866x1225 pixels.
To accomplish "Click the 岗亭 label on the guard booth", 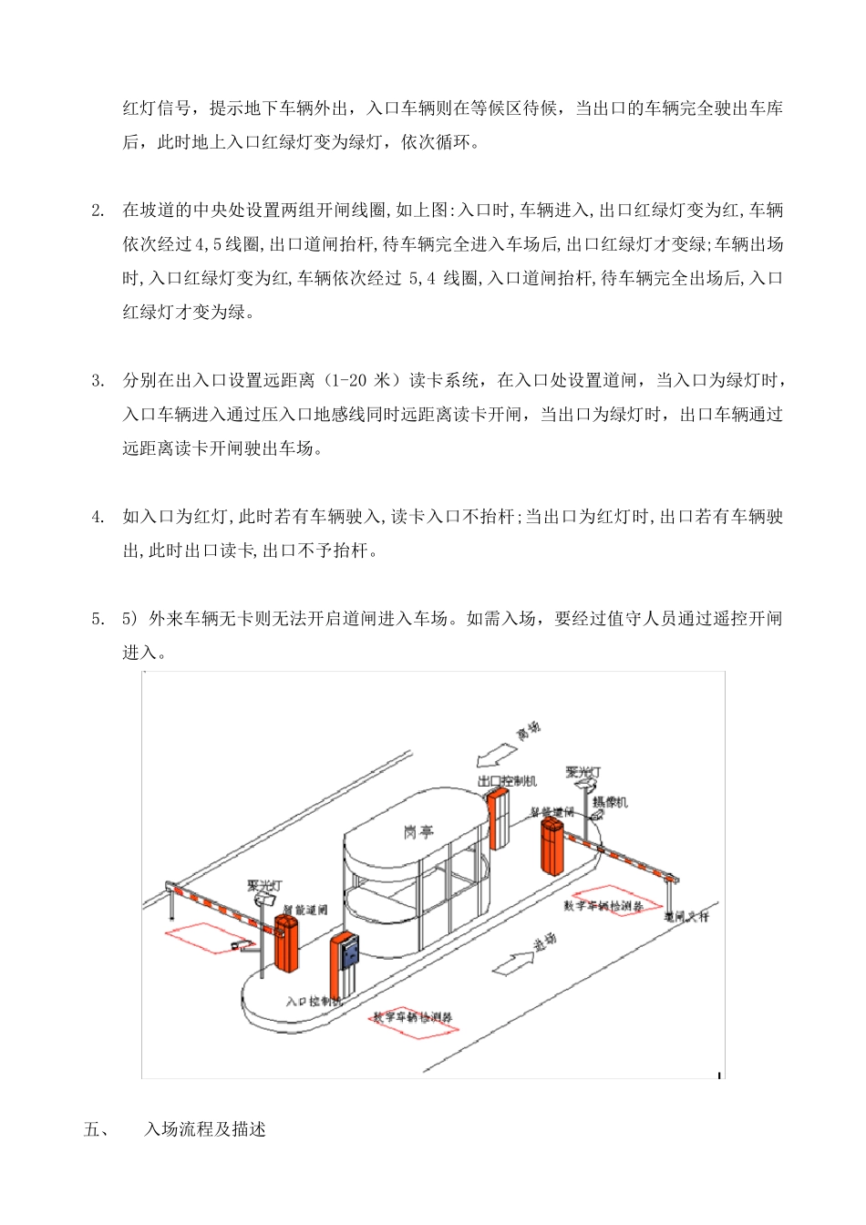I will click(418, 831).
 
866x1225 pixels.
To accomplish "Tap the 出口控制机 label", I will click(508, 781).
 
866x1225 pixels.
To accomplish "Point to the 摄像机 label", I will click(610, 802).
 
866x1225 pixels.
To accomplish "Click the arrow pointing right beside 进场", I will click(513, 962).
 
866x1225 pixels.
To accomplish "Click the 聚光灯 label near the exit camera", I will click(583, 772).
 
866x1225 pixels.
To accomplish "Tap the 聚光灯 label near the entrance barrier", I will click(264, 885).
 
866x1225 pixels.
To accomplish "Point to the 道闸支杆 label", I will click(686, 916).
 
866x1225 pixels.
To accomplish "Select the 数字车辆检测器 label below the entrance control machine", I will click(412, 1017).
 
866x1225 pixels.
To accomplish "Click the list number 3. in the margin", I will click(98, 381).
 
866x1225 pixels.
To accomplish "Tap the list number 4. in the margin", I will click(98, 518).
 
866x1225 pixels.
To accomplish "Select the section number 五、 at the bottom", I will click(97, 1130).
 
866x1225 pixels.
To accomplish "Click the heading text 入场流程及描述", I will click(205, 1130).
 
